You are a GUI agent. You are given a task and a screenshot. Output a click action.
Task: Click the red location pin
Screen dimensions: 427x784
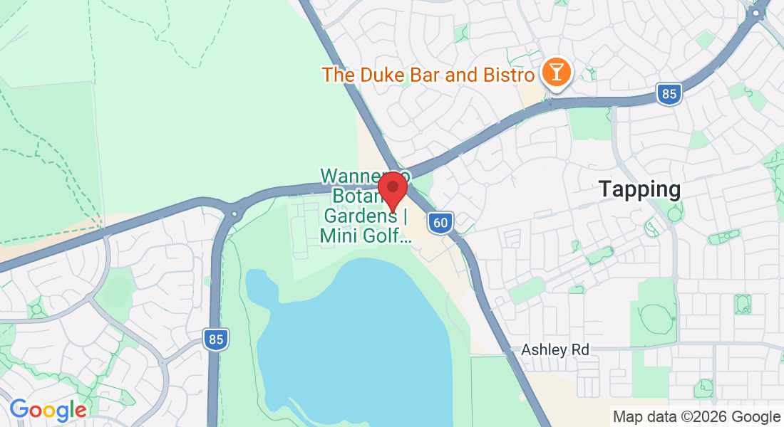[x=392, y=189]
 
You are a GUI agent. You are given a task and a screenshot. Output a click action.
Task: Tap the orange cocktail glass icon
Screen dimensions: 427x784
[x=555, y=73]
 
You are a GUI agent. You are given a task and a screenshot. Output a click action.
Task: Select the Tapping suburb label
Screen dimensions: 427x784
[x=639, y=189]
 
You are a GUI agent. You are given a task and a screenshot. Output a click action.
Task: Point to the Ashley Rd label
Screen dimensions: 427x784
[x=555, y=350]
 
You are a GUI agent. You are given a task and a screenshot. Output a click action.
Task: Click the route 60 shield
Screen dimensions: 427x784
[x=440, y=223]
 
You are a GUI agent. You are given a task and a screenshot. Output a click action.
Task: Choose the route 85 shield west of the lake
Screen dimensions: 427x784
[x=215, y=339]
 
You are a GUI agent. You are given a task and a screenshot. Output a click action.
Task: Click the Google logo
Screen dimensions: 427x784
[x=48, y=409]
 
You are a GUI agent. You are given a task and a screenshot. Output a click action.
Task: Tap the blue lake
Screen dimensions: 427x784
[x=356, y=334]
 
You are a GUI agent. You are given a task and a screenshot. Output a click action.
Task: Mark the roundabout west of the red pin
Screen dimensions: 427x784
[x=234, y=212]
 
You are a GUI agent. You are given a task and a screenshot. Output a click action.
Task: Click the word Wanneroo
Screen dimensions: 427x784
[x=355, y=175]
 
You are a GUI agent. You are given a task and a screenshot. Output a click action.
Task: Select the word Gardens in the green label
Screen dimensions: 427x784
[x=360, y=216]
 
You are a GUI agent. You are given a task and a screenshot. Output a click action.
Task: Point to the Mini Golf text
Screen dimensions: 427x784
[x=365, y=236]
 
